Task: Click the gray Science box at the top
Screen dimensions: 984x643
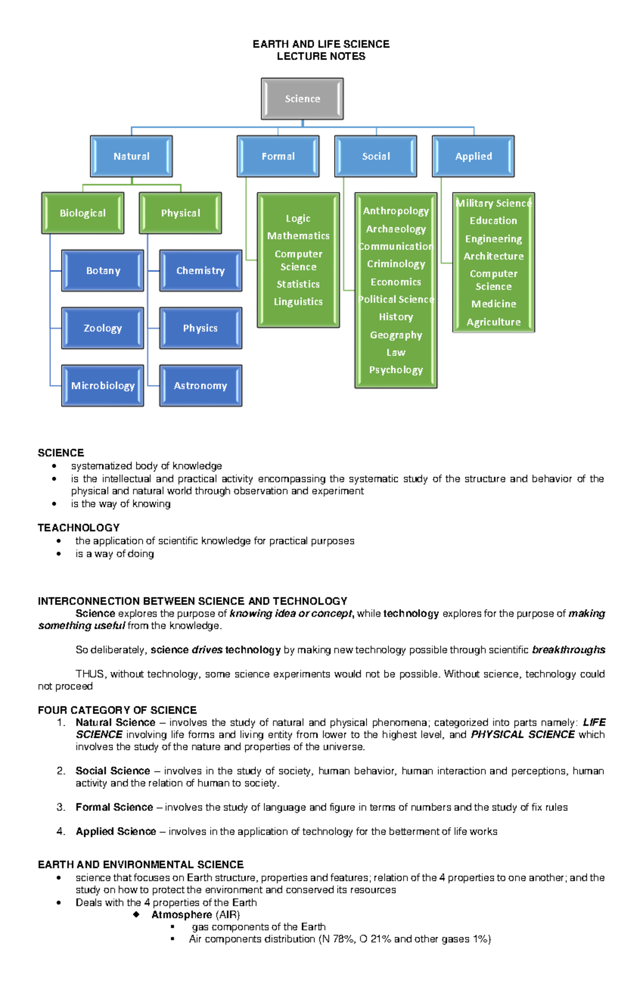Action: coord(302,99)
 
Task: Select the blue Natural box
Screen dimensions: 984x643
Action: coord(131,156)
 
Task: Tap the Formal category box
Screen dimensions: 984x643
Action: coord(278,156)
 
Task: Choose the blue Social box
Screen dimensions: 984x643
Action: coord(376,156)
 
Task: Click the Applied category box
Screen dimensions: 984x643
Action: coord(473,156)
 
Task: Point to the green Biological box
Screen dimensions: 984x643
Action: coord(83,213)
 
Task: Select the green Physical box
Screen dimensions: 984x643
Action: coord(181,213)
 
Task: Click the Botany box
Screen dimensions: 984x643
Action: coord(103,271)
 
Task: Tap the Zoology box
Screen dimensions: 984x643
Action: coord(103,328)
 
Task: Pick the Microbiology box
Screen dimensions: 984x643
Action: coord(103,386)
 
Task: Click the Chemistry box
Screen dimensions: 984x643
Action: coord(200,271)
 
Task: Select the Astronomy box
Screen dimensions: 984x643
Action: coord(200,386)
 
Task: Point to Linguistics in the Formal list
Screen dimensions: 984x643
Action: coord(298,302)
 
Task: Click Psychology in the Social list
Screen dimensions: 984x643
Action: coord(396,370)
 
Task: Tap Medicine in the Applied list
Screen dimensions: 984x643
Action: coord(494,304)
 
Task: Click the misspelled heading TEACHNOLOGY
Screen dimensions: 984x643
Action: coord(78,528)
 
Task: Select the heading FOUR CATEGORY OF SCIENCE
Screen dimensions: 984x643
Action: coord(117,710)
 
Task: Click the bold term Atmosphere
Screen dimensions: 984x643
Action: coord(182,915)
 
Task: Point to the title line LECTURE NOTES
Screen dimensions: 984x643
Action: coord(321,56)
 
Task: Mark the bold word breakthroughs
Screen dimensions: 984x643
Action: coord(568,650)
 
